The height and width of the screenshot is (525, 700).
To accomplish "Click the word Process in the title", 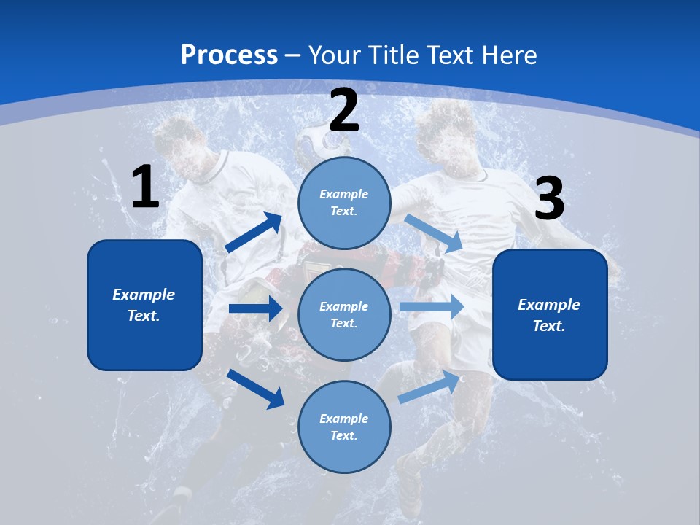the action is pyautogui.click(x=229, y=55).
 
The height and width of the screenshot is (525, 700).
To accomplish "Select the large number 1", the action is pyautogui.click(x=145, y=186).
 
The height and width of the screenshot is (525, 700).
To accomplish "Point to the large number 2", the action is pyautogui.click(x=344, y=109).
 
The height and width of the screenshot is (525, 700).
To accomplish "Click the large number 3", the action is pyautogui.click(x=550, y=198).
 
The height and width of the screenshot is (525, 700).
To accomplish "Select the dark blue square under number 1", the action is pyautogui.click(x=144, y=306).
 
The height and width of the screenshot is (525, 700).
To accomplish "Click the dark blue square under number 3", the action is pyautogui.click(x=550, y=315).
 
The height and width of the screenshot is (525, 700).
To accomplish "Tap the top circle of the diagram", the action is pyautogui.click(x=344, y=203).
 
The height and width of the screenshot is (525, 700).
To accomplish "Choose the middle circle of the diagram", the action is pyautogui.click(x=344, y=315).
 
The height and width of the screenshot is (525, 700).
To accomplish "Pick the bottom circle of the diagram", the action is pyautogui.click(x=344, y=427).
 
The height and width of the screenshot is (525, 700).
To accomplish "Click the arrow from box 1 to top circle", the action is pyautogui.click(x=254, y=232).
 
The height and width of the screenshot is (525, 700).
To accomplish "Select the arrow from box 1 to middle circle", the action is pyautogui.click(x=256, y=308).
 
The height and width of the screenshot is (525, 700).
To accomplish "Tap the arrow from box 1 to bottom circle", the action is pyautogui.click(x=256, y=389).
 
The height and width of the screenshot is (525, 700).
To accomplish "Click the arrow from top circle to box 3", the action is pyautogui.click(x=433, y=233).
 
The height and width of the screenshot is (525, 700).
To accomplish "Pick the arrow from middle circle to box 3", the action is pyautogui.click(x=432, y=306).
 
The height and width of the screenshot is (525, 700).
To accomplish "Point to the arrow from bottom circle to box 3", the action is pyautogui.click(x=429, y=386).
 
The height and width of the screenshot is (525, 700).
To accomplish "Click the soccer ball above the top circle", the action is pyautogui.click(x=322, y=141).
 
